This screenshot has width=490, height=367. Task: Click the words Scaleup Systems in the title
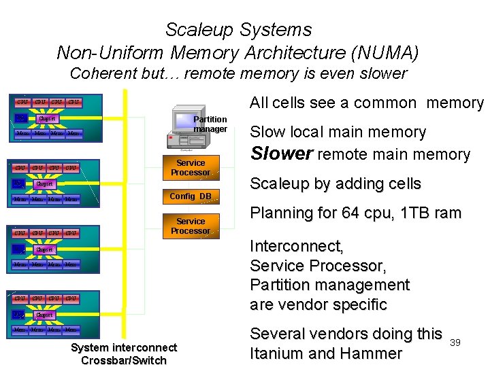[x=238, y=30]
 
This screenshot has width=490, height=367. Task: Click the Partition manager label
[x=210, y=124]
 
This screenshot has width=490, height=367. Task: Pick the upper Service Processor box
[x=191, y=168]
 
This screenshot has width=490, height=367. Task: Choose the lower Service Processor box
[x=191, y=226]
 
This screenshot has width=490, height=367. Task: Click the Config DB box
[x=191, y=196]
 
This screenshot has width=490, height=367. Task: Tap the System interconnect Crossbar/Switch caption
[x=124, y=354]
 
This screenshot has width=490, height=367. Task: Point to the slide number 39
[x=455, y=343]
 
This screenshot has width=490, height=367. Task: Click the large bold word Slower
[x=282, y=154]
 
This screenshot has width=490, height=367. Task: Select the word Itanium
[x=278, y=353]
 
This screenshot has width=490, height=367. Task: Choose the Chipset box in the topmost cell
[x=47, y=119]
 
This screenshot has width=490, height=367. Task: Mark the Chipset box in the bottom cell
[x=44, y=315]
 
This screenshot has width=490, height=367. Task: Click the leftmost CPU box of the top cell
[x=22, y=103]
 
